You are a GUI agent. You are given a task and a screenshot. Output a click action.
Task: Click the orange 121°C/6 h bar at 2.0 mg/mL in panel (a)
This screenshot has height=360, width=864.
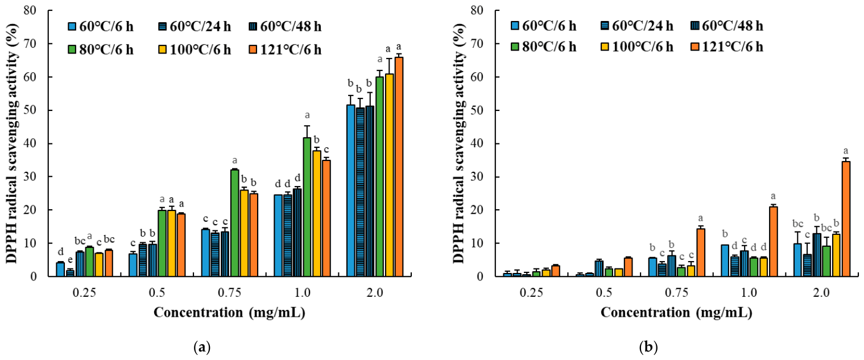pos(399,167)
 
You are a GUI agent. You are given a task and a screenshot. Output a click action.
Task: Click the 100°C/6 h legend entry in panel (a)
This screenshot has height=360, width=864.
pos(195,50)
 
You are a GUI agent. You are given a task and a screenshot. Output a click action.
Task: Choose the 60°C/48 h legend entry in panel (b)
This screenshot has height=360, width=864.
pos(726,26)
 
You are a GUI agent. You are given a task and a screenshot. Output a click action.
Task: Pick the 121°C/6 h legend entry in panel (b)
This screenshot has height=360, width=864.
pos(726,47)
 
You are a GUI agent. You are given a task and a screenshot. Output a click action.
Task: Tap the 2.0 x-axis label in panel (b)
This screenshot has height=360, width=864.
pos(821,293)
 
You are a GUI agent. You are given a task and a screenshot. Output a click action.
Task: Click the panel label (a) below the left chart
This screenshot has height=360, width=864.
pos(202,347)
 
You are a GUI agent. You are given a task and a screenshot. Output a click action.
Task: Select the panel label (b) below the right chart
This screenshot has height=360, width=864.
pos(648,347)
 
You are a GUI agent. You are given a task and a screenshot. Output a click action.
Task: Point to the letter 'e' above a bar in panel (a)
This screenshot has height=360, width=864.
pos(70,259)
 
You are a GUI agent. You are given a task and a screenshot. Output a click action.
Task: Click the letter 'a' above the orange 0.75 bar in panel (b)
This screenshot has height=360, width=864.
pos(700,218)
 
